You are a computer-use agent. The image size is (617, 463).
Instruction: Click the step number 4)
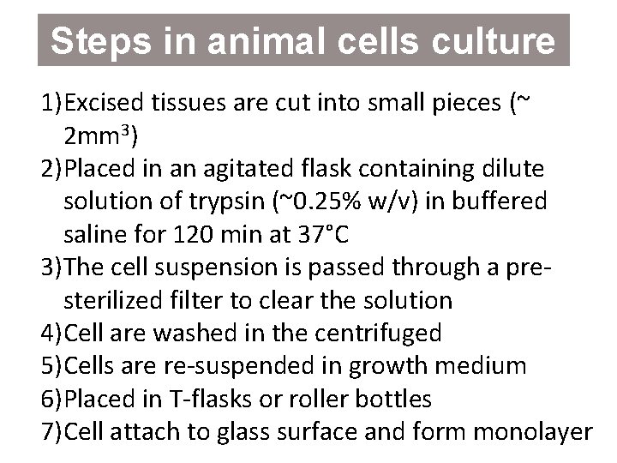[x=51, y=333]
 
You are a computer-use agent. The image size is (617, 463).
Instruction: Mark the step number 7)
[x=51, y=430]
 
